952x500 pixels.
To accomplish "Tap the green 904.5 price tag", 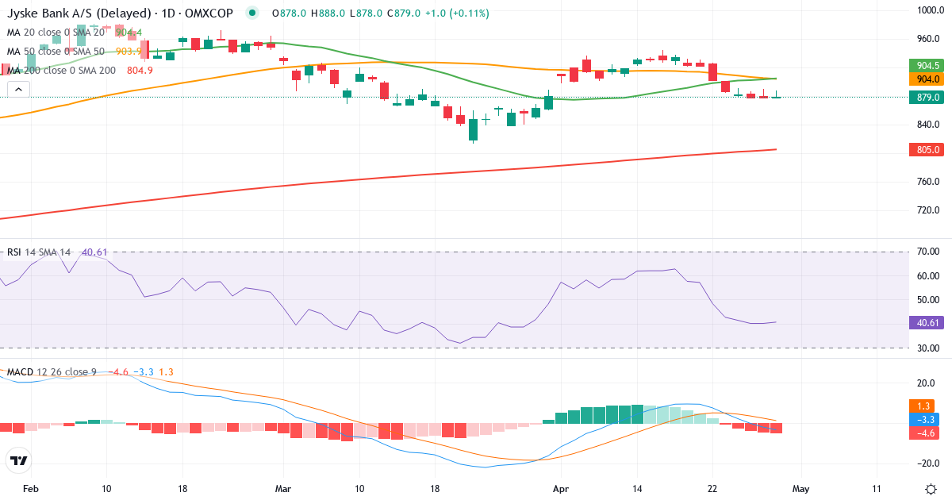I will [x=925, y=65].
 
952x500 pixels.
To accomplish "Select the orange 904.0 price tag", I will [x=925, y=79].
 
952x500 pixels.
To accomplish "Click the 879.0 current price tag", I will [x=925, y=98].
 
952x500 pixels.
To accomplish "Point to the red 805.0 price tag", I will [x=925, y=150].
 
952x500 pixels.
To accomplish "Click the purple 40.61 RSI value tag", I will [x=925, y=323].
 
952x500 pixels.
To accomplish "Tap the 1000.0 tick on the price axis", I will [x=927, y=10].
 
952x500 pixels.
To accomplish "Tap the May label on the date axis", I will [x=800, y=488].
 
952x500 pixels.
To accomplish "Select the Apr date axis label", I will [x=561, y=488].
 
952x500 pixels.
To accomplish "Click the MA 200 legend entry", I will [x=62, y=70].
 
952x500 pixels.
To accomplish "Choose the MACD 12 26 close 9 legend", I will [x=52, y=371].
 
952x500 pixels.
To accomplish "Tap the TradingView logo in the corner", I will [x=19, y=460].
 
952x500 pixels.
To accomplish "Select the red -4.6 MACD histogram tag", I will [x=925, y=433].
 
